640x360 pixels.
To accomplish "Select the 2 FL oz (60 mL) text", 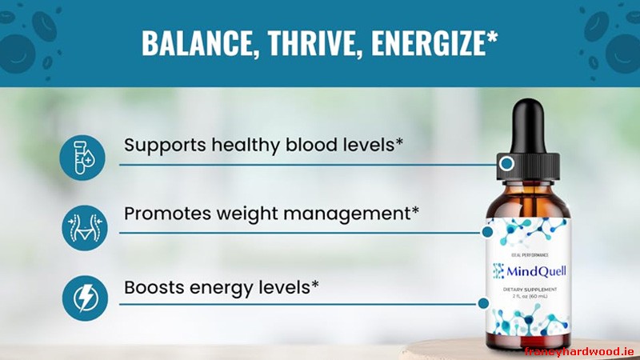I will tap(529, 297).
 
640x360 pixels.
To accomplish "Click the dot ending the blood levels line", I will tap(506, 163).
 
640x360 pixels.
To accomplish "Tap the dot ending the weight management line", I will tap(487, 232).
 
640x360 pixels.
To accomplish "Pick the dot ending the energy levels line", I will tap(482, 302).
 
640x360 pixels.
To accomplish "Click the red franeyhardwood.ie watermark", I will tap(579, 350).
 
